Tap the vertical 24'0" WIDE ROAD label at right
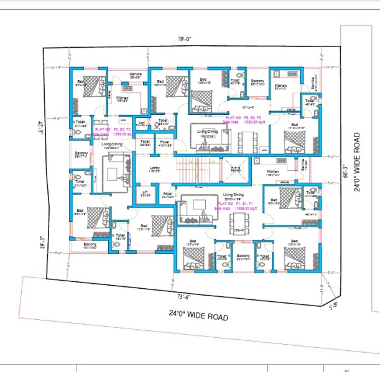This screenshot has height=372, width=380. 358,161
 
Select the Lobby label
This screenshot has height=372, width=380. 155,168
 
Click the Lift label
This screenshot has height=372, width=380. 146,193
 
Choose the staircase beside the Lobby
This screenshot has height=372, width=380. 193,171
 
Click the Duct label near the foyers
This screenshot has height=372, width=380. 141,123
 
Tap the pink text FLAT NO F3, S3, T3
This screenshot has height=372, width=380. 244,117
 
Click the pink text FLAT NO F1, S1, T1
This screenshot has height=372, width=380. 233,203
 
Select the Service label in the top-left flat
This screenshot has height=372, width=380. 136,74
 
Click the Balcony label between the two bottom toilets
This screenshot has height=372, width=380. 243,255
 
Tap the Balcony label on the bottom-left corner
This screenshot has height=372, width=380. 90,245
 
